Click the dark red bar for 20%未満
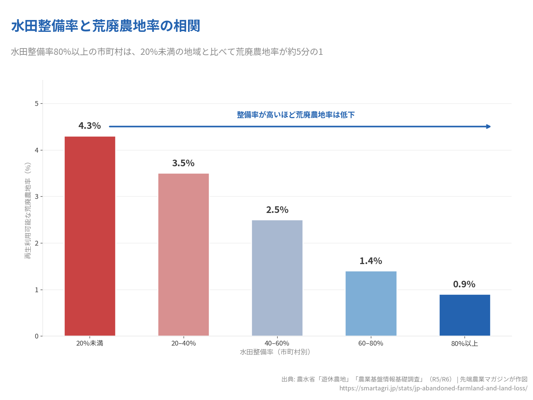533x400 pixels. [90, 236]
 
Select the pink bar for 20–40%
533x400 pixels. [184, 255]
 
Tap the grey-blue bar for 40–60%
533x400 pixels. [277, 278]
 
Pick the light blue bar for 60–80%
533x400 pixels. [371, 304]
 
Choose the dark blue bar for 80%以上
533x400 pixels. [465, 315]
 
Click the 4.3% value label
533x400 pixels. [90, 126]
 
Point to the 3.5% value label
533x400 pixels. [183, 163]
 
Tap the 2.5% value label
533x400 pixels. [277, 210]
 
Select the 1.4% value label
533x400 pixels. [371, 261]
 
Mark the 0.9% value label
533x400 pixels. [464, 284]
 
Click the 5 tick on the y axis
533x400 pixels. [37, 104]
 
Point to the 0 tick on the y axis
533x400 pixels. [37, 336]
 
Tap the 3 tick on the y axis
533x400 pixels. [37, 197]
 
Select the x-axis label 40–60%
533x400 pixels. [277, 343]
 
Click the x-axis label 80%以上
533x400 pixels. [465, 343]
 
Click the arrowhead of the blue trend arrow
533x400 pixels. [488, 127]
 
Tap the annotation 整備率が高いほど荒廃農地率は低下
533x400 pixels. [296, 115]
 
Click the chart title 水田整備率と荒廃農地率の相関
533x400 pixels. [106, 26]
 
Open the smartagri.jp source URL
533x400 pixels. [433, 388]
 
